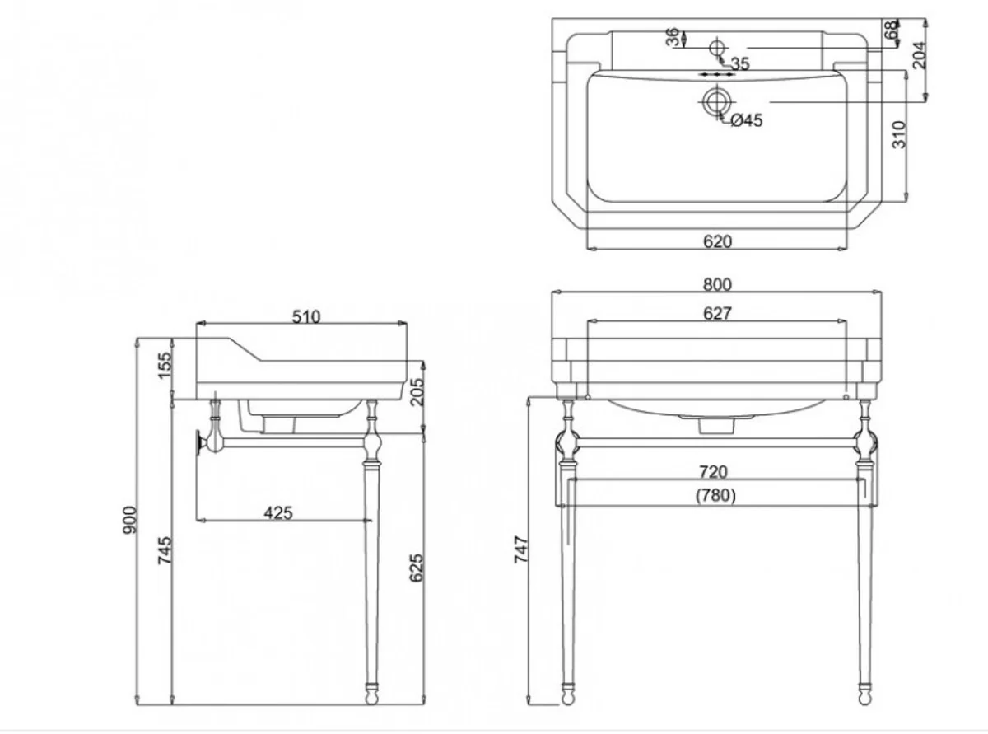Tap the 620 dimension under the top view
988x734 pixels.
[717, 241]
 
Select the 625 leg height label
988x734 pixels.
[416, 568]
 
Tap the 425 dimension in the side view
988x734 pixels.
[278, 512]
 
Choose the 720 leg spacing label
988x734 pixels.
[713, 471]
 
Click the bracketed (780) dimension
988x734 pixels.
[715, 495]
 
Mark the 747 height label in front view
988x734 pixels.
[521, 548]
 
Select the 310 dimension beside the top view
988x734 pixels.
[899, 134]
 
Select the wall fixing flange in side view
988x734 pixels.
[199, 442]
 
